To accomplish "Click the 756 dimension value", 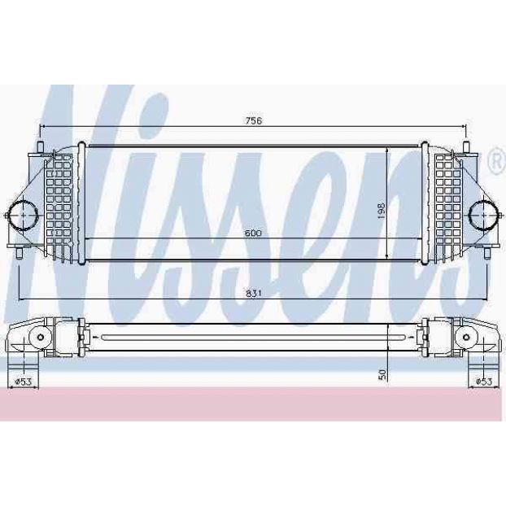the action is pos(254,120).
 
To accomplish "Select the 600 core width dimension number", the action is pos(253,233).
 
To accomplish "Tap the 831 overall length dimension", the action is pos(254,294).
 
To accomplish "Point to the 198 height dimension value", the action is pos(382,211).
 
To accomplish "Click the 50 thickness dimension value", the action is pos(382,374).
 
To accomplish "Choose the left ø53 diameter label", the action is pos(24,382).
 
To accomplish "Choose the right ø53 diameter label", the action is pos(484,382).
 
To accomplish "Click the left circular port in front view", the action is pos(24,215).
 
